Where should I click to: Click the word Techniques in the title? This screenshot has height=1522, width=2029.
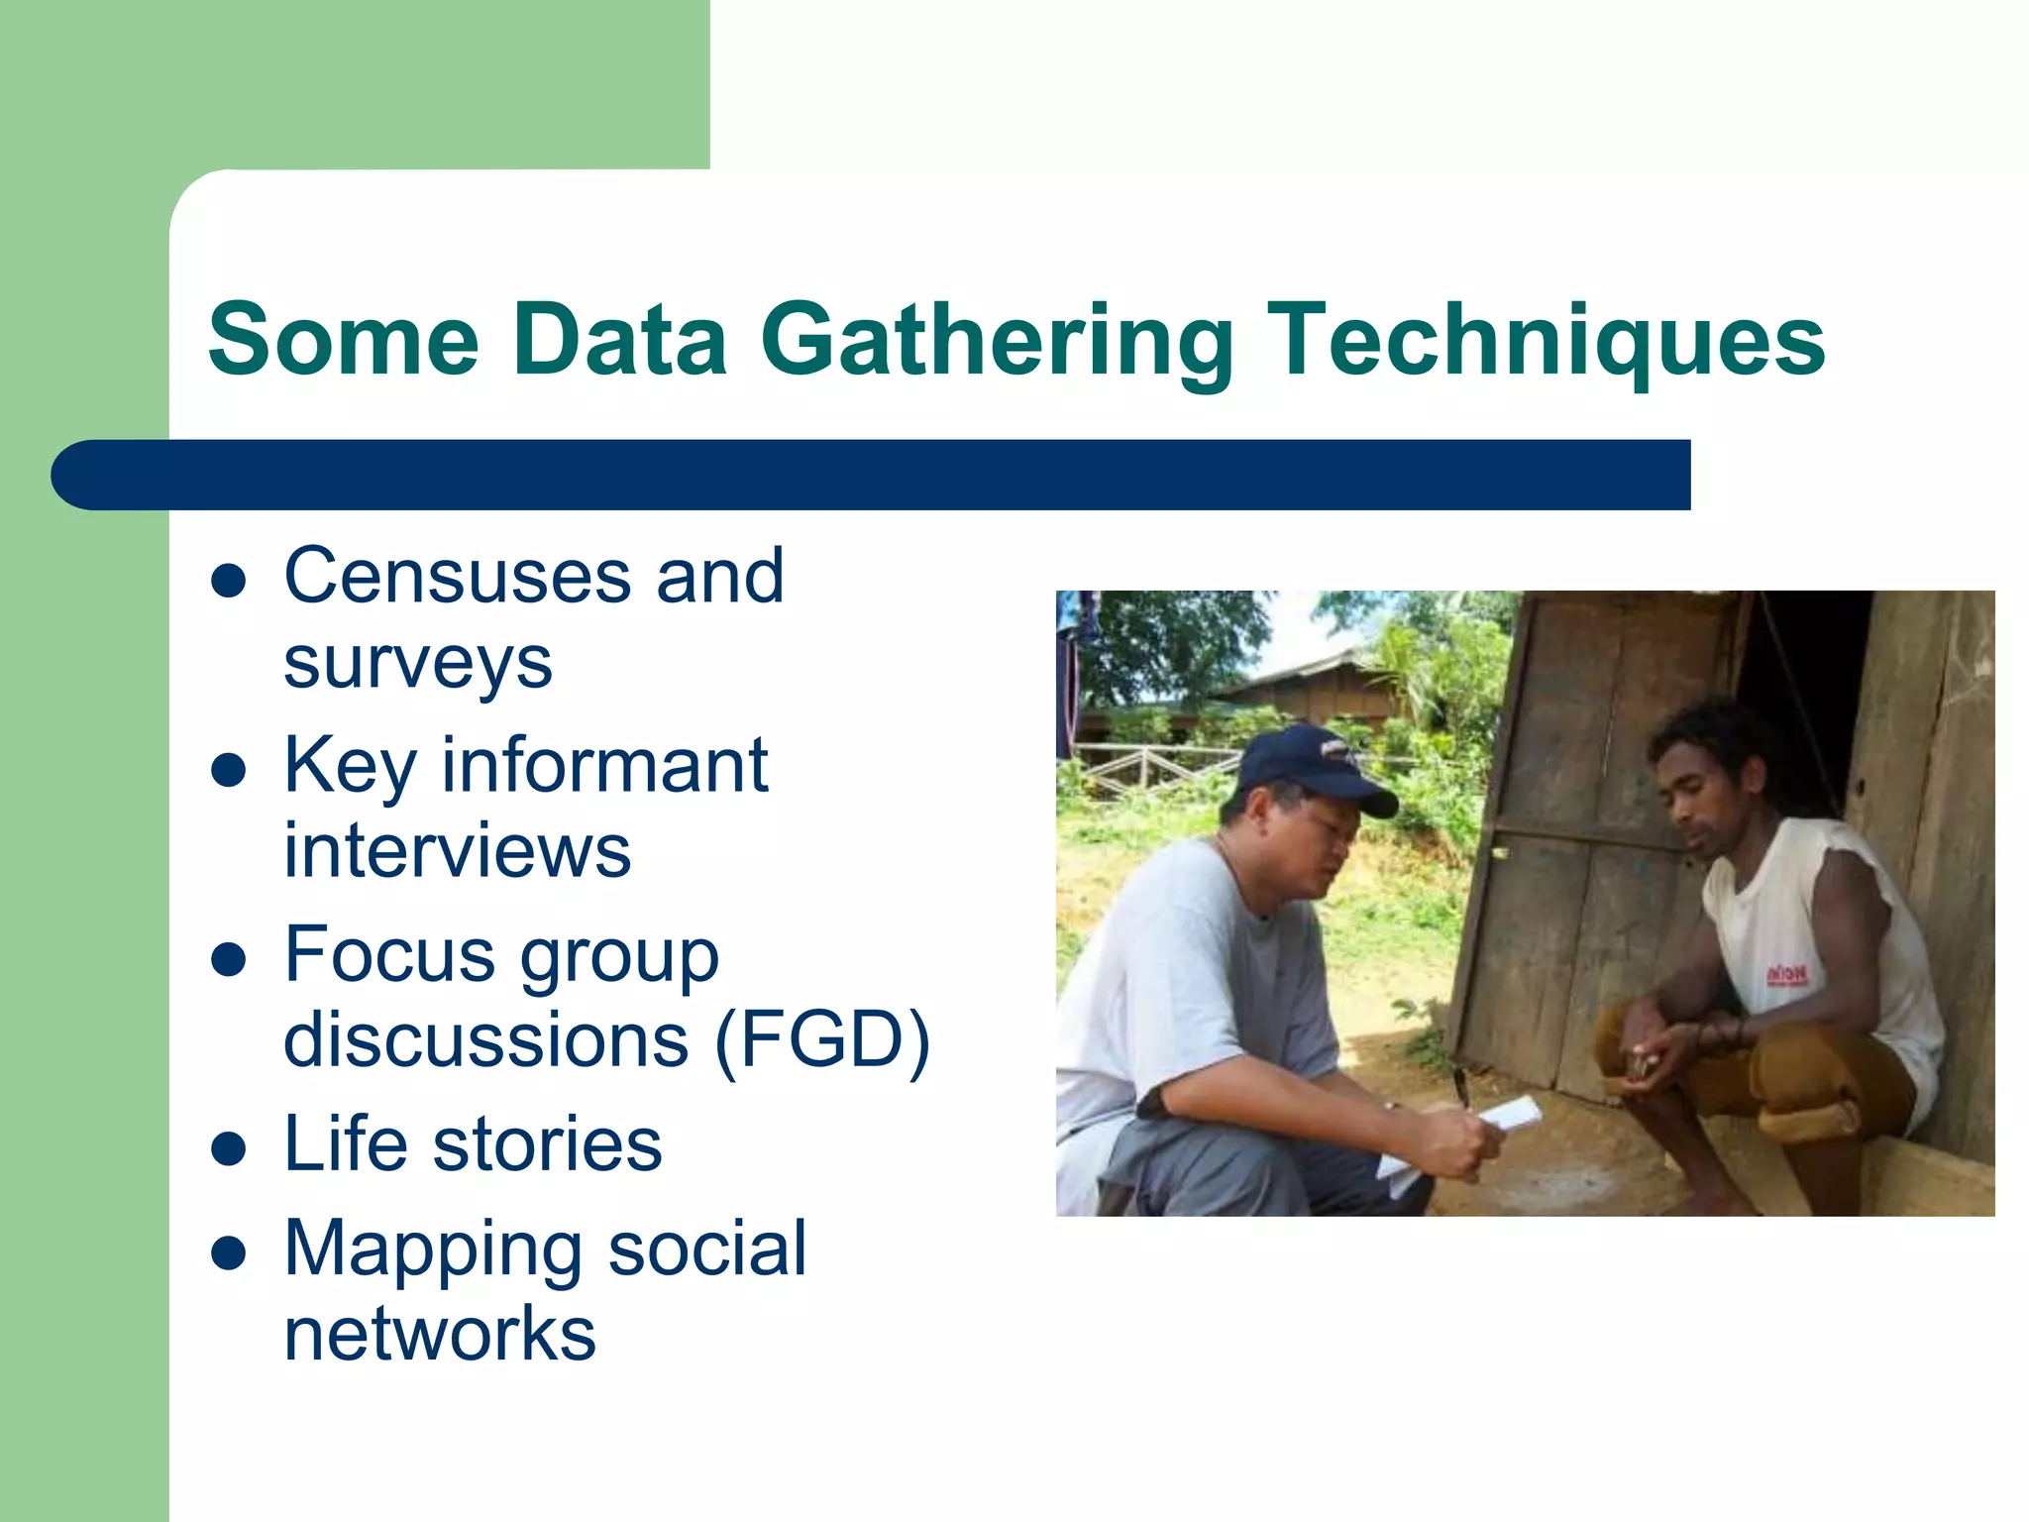pyautogui.click(x=1546, y=340)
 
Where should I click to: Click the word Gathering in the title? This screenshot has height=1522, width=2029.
pyautogui.click(x=997, y=340)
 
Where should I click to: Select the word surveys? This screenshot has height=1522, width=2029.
pyautogui.click(x=417, y=663)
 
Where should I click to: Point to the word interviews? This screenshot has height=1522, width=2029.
pyautogui.click(x=457, y=851)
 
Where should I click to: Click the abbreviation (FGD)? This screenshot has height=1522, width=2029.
pyautogui.click(x=821, y=1039)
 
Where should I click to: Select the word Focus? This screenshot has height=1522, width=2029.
pyautogui.click(x=389, y=954)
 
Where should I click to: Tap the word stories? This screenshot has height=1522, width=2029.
pyautogui.click(x=547, y=1144)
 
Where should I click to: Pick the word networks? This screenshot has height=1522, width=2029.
pyautogui.click(x=440, y=1334)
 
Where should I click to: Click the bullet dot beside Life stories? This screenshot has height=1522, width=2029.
pyautogui.click(x=229, y=1148)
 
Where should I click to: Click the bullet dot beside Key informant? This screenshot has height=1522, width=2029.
pyautogui.click(x=229, y=770)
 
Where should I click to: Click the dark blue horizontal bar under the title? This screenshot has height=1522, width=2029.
pyautogui.click(x=872, y=475)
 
